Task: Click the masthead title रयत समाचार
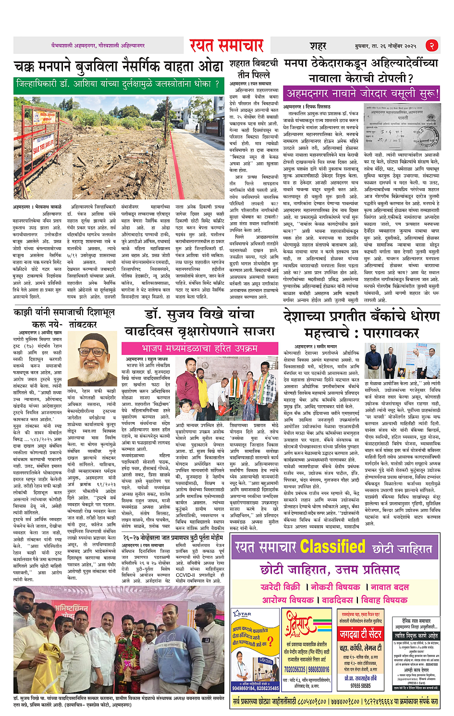pyautogui.click(x=226, y=46)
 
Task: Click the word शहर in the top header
pyautogui.click(x=318, y=46)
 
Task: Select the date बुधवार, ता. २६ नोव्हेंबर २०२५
pyautogui.click(x=385, y=46)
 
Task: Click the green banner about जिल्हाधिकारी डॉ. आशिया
pyautogui.click(x=119, y=84)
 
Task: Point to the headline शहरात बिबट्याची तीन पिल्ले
pyautogui.click(x=253, y=69)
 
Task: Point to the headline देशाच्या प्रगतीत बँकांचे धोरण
pyautogui.click(x=361, y=324)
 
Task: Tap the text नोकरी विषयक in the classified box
pyautogui.click(x=335, y=587)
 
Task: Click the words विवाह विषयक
pyautogui.click(x=384, y=600)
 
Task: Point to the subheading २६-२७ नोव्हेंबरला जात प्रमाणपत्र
pyautogui.click(x=173, y=537)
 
